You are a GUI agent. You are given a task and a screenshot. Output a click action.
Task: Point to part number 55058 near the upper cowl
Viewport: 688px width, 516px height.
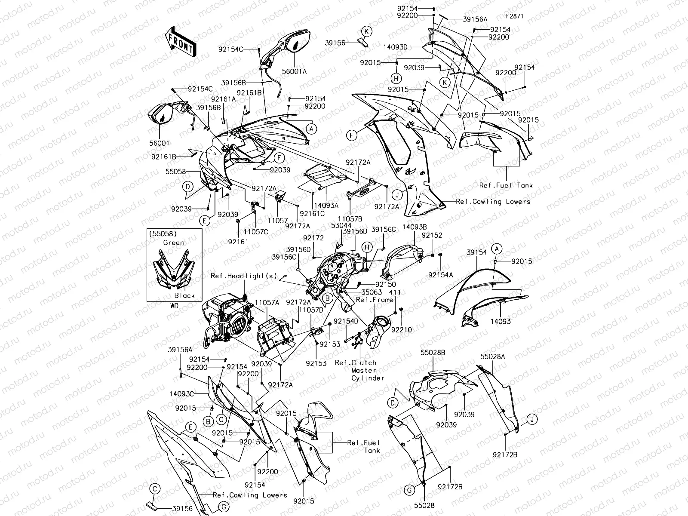click(176, 172)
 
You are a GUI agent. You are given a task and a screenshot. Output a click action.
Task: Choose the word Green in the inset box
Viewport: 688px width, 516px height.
click(173, 243)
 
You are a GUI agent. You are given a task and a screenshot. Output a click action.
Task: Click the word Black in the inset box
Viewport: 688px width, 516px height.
click(184, 295)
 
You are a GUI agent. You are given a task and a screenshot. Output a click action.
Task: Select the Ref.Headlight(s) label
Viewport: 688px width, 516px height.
click(244, 276)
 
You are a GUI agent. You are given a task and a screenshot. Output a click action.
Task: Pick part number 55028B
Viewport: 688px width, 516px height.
click(433, 353)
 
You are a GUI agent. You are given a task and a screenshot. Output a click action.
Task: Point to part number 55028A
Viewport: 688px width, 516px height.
click(493, 356)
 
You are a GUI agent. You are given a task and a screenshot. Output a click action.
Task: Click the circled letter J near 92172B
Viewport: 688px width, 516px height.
click(531, 419)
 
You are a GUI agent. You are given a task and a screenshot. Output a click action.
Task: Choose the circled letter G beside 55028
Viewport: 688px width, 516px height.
click(410, 490)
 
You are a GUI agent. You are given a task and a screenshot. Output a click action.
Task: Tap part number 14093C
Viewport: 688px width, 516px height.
click(181, 393)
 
